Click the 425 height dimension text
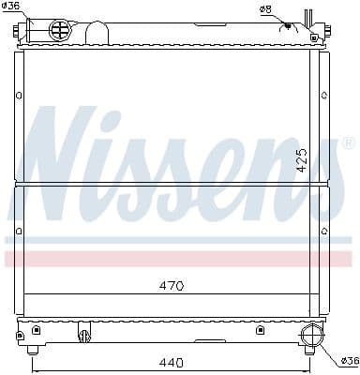[302, 158]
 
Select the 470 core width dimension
[171, 285]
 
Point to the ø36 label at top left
[11, 7]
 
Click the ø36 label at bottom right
[348, 361]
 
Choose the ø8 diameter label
[265, 9]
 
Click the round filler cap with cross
[59, 30]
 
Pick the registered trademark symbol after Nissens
[348, 143]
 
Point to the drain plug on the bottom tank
[82, 334]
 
